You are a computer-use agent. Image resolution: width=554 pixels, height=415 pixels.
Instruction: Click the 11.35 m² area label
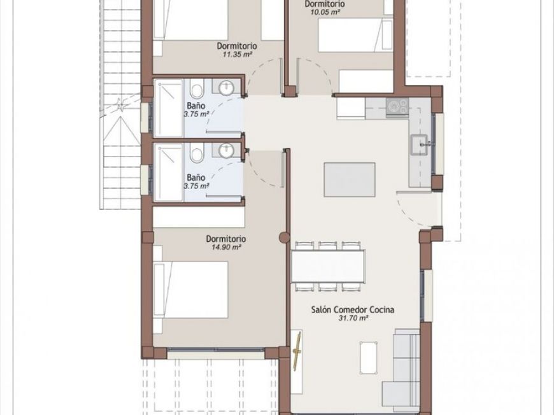(237, 54)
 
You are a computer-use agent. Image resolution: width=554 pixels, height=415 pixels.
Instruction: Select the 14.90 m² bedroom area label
(226, 247)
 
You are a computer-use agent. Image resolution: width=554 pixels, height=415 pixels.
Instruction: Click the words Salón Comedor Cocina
(353, 309)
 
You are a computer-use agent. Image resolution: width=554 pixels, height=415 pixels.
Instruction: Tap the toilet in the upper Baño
(197, 88)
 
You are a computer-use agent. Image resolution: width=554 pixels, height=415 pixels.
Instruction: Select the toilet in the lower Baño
(197, 153)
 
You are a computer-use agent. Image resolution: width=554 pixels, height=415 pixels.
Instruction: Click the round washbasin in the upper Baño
(226, 88)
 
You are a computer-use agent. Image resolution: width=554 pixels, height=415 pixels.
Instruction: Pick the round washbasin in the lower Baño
(226, 151)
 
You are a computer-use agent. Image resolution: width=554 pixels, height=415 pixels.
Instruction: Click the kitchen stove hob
(397, 107)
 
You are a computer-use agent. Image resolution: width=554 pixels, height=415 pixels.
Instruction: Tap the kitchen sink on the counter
(419, 145)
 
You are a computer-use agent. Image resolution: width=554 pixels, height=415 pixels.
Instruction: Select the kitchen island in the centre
(350, 179)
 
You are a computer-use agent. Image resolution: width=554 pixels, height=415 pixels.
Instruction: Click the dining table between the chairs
(328, 266)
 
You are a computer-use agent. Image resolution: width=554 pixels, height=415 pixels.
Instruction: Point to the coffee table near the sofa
(369, 357)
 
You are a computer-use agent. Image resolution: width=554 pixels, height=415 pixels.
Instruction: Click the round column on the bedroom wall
(285, 237)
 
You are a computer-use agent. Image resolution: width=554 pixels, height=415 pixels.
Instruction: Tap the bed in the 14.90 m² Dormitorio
(191, 290)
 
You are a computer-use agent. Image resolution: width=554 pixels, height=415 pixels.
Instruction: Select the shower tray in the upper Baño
(169, 108)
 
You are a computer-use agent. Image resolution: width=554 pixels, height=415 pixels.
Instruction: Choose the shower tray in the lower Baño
(169, 172)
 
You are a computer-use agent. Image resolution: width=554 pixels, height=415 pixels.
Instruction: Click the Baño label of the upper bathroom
(196, 105)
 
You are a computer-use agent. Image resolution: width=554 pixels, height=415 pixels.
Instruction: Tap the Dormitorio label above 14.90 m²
(226, 239)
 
